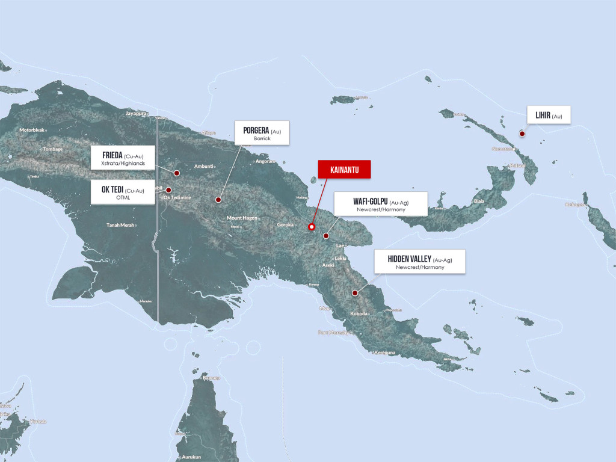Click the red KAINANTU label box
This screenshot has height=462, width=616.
pos(344,170)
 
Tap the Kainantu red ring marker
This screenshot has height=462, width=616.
pos(312,227)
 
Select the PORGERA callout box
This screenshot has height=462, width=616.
pos(262,133)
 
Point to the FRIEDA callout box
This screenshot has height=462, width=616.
pos(123,158)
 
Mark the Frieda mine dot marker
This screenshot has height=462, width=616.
pos(177,173)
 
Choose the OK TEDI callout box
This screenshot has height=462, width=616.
pos(123,192)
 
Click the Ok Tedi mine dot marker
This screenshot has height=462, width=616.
pos(169,190)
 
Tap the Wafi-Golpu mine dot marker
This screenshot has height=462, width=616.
pos(325,236)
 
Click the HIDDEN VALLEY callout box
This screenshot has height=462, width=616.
pos(419,262)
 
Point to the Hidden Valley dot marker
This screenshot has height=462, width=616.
pos(355,293)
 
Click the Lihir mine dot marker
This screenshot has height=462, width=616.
pos(522,134)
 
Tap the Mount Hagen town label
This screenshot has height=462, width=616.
pos(242,218)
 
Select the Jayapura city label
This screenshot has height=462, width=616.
pos(137,113)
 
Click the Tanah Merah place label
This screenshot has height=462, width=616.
pos(120,226)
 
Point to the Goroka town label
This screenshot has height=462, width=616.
pos(285,224)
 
